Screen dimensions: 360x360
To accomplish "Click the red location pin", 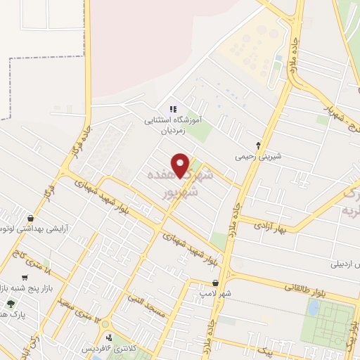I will pyautogui.click(x=181, y=165).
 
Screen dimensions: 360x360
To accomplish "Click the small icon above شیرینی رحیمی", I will pyautogui.click(x=258, y=146).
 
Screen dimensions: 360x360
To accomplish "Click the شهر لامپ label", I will pyautogui.click(x=212, y=292).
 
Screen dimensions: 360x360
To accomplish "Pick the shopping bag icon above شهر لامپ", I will pyautogui.click(x=214, y=283).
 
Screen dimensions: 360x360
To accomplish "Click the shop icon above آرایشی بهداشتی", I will pyautogui.click(x=30, y=218).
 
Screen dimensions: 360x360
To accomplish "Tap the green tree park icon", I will pyautogui.click(x=11, y=304).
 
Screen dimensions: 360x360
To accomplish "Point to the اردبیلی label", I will pyautogui.click(x=345, y=264).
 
